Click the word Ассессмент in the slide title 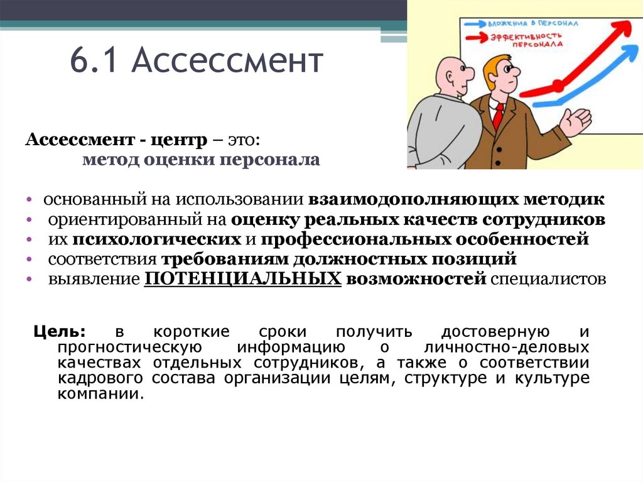point(228,63)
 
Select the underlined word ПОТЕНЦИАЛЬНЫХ point(242,279)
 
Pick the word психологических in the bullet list point(157,239)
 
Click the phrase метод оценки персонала point(201,160)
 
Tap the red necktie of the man point(498,116)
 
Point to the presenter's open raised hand point(576,120)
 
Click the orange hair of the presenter point(498,63)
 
